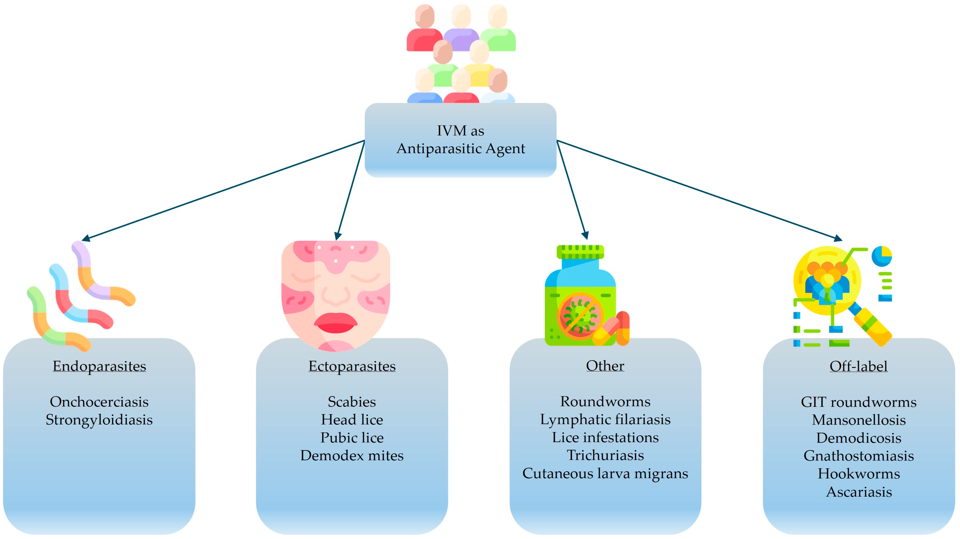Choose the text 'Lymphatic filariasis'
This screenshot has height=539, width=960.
point(605,419)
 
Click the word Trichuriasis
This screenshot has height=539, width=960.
point(605,455)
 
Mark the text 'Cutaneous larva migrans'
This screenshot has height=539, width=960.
point(605,473)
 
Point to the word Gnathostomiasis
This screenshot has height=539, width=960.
point(859,456)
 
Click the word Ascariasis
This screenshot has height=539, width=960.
point(859,492)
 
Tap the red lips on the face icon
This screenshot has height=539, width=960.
point(335,323)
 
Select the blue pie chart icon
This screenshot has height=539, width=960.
point(881,256)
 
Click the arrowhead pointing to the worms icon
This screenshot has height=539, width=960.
point(86,238)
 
